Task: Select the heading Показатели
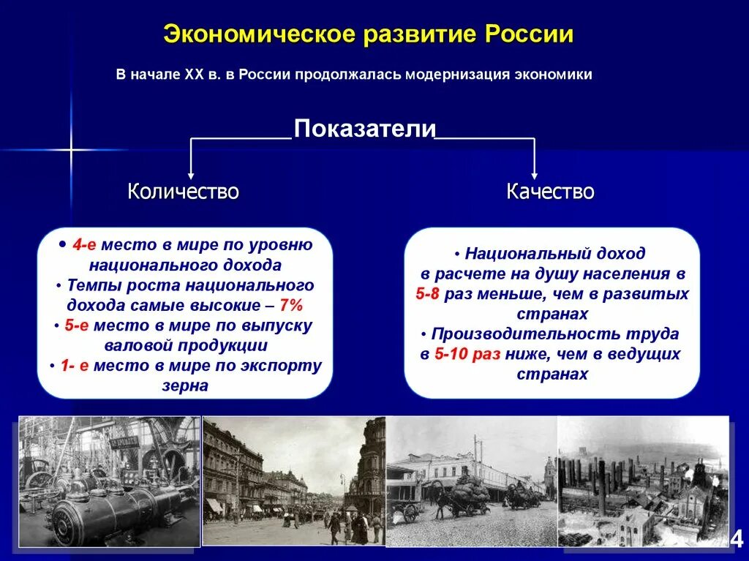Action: point(364,129)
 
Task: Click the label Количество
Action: point(183,192)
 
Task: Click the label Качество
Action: point(550,192)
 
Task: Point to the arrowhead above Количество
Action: point(191,175)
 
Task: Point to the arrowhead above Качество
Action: point(535,175)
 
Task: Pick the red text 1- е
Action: point(75,366)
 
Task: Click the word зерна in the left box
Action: point(185,385)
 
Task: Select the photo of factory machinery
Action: point(109,481)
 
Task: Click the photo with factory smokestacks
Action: point(643,481)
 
